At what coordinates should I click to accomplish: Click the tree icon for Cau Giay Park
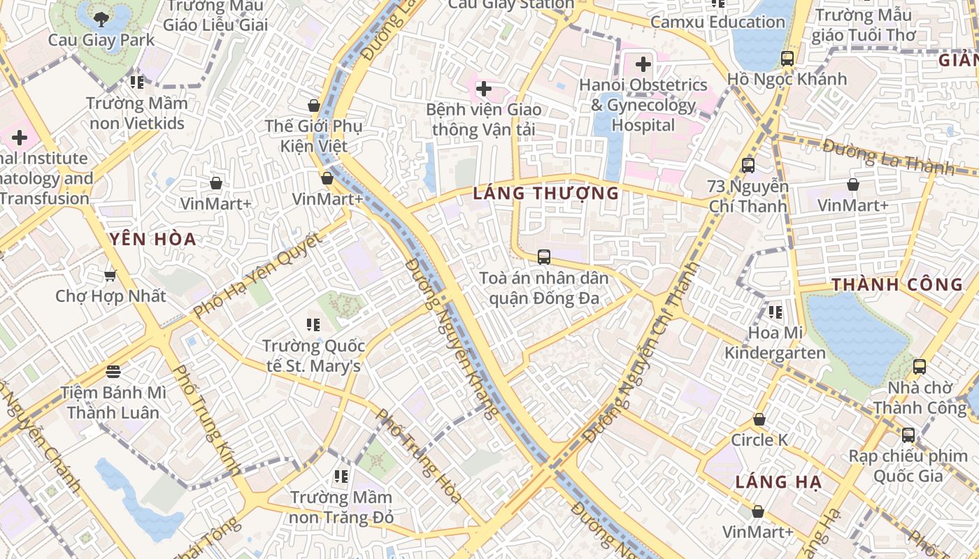101,19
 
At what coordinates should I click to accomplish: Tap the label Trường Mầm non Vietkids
137,113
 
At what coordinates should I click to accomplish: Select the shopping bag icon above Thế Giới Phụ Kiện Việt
314,106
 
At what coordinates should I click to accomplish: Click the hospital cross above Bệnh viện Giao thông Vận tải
483,89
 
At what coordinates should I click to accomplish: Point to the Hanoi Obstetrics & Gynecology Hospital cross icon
643,65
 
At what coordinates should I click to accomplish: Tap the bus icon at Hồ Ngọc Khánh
787,59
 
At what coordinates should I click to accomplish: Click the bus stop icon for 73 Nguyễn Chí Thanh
748,166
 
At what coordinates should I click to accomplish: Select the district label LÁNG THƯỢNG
545,194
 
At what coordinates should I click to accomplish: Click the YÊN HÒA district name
153,240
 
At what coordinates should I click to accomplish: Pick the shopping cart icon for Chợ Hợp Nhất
110,275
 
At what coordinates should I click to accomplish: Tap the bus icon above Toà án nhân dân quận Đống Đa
544,256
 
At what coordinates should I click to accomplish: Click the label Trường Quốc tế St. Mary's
313,356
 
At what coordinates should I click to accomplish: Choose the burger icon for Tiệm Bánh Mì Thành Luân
113,370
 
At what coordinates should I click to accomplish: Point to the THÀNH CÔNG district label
897,285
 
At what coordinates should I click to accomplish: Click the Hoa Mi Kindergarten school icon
775,312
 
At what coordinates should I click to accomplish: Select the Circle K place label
759,440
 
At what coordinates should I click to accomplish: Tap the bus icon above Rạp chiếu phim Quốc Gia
908,435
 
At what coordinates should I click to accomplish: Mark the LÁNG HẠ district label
778,482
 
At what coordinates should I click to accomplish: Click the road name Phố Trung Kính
206,419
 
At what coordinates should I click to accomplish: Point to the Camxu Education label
717,22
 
